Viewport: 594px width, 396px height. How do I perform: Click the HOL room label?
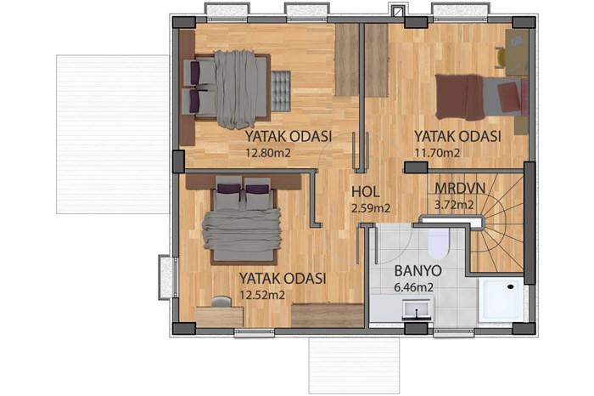pyautogui.click(x=366, y=191)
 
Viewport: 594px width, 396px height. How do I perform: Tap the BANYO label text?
pyautogui.click(x=417, y=271)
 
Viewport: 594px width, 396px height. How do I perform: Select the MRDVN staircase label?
pyautogui.click(x=460, y=188)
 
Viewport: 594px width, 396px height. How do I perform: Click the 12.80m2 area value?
pyautogui.click(x=268, y=153)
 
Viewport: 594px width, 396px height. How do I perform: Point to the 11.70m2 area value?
pyautogui.click(x=437, y=153)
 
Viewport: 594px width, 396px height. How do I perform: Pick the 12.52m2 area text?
pyautogui.click(x=262, y=295)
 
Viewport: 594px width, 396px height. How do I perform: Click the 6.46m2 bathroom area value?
pyautogui.click(x=414, y=287)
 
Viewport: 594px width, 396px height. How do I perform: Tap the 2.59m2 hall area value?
pyautogui.click(x=371, y=208)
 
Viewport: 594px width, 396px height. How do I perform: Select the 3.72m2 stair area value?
pyautogui.click(x=454, y=205)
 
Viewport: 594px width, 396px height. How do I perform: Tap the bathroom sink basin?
pyautogui.click(x=417, y=308)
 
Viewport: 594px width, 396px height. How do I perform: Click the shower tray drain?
pyautogui.click(x=511, y=286)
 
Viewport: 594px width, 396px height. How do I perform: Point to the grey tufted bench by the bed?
pyautogui.click(x=281, y=91)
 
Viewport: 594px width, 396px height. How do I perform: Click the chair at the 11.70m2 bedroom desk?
pyautogui.click(x=502, y=58)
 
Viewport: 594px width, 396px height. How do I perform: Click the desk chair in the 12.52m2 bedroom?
pyautogui.click(x=221, y=302)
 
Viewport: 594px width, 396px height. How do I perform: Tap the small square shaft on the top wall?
pyautogui.click(x=397, y=11)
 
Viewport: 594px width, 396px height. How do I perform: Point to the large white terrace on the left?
pyautogui.click(x=113, y=134)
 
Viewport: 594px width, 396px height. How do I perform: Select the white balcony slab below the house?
pyautogui.click(x=354, y=366)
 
